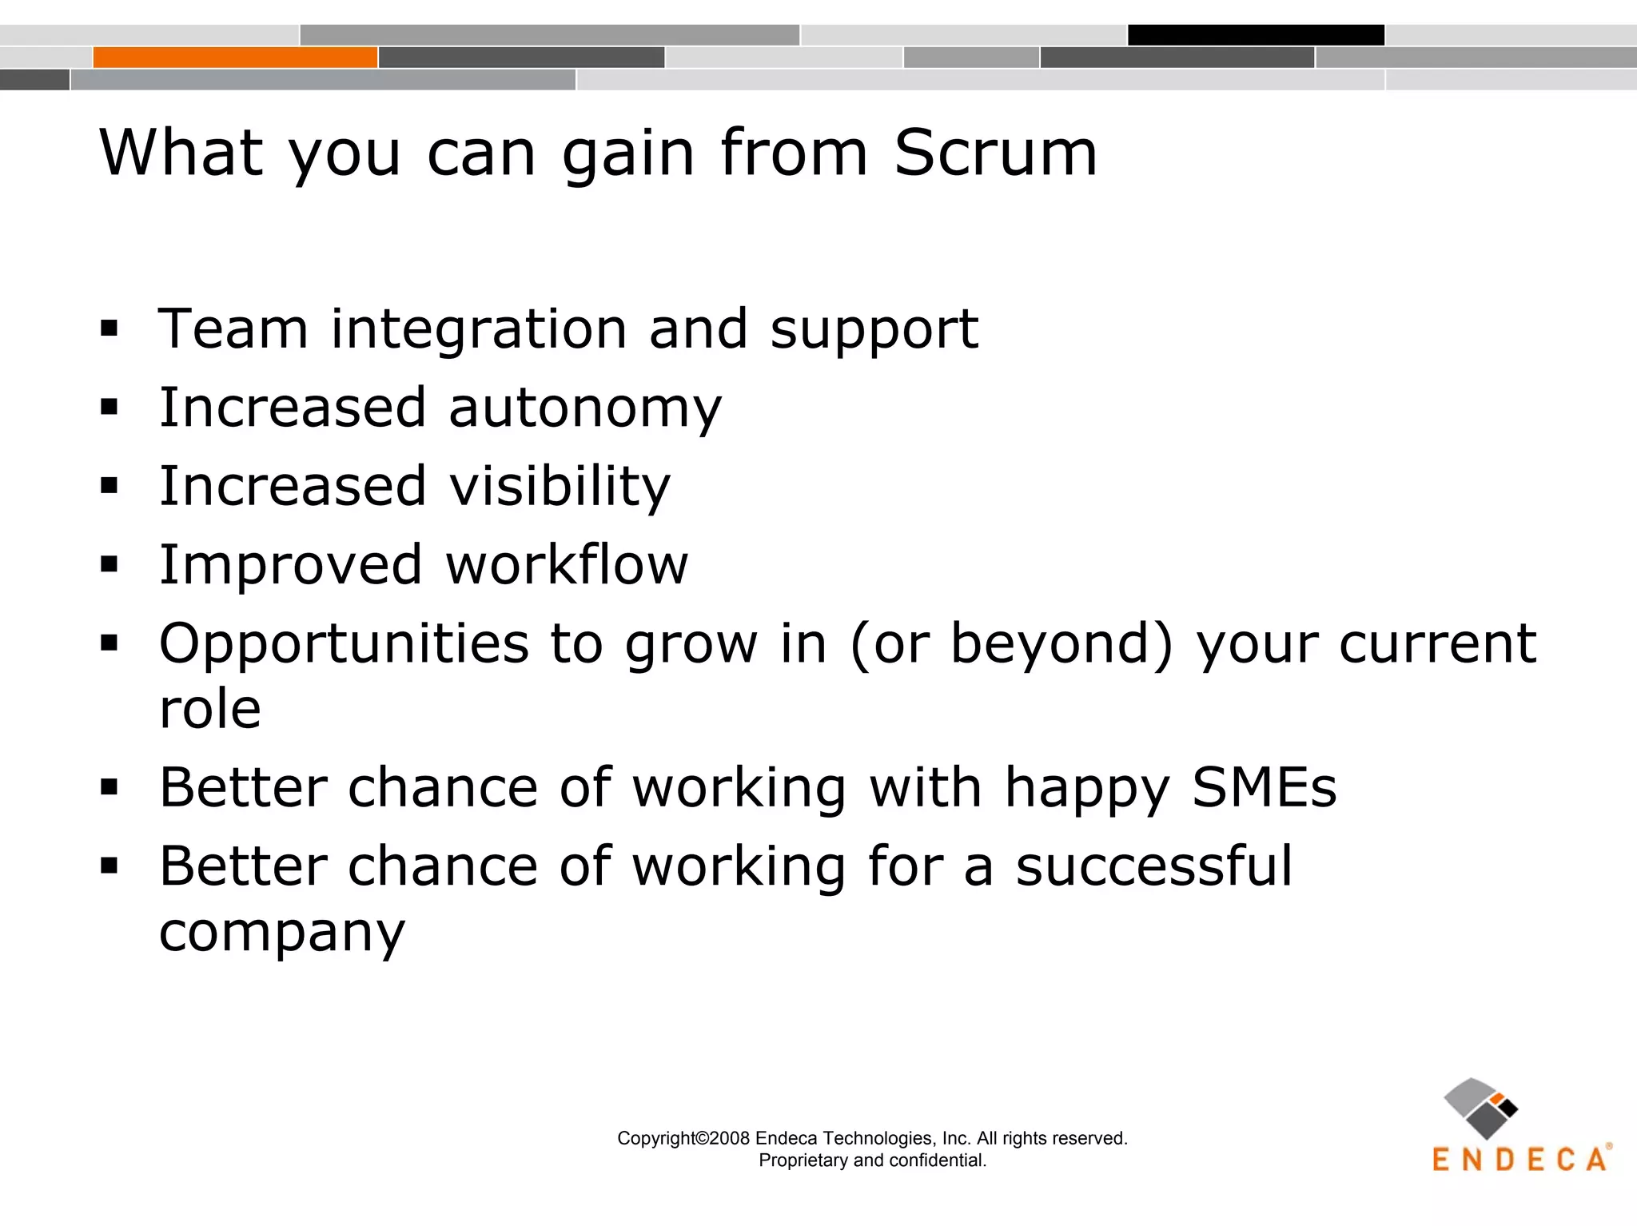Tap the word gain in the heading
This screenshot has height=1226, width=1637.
627,153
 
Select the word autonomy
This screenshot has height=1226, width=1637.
584,408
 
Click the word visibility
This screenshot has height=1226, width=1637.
560,486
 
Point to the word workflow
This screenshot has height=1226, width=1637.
567,564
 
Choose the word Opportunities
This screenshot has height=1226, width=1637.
345,644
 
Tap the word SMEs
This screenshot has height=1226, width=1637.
1264,787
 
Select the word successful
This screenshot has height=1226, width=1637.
1153,866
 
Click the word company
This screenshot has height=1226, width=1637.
282,932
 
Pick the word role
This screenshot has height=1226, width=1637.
210,708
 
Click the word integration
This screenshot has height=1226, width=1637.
479,328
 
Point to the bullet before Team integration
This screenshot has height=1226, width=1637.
110,328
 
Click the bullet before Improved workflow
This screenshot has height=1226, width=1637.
110,564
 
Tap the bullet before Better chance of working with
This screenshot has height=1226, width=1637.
110,787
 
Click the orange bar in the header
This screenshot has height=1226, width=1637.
235,58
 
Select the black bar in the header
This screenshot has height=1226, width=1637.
1256,35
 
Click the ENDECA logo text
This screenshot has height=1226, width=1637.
1519,1160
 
